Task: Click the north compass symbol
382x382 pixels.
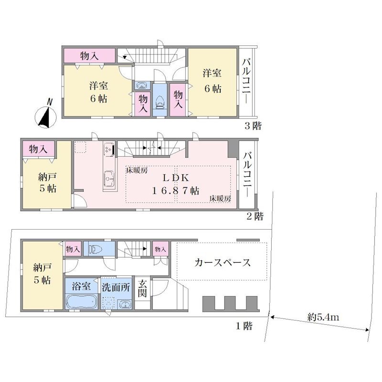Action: pyautogui.click(x=46, y=115)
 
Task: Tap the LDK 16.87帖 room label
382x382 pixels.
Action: pyautogui.click(x=176, y=184)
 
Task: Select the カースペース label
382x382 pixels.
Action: pyautogui.click(x=223, y=263)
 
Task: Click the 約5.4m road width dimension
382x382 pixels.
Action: pyautogui.click(x=323, y=317)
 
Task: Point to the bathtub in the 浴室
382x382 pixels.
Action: pyautogui.click(x=81, y=302)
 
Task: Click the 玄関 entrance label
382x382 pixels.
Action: pyautogui.click(x=142, y=289)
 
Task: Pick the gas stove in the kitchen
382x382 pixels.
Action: pyautogui.click(x=109, y=149)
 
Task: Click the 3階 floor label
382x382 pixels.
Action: pyautogui.click(x=253, y=126)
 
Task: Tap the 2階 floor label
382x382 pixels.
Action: pyautogui.click(x=255, y=216)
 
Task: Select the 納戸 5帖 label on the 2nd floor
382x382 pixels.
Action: pyautogui.click(x=47, y=183)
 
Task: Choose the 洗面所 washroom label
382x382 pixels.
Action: pyautogui.click(x=116, y=287)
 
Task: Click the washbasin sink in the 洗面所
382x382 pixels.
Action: pyautogui.click(x=125, y=305)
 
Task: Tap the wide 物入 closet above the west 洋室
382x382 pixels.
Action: pyautogui.click(x=90, y=55)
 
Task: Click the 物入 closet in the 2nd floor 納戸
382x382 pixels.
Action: pyautogui.click(x=38, y=149)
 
